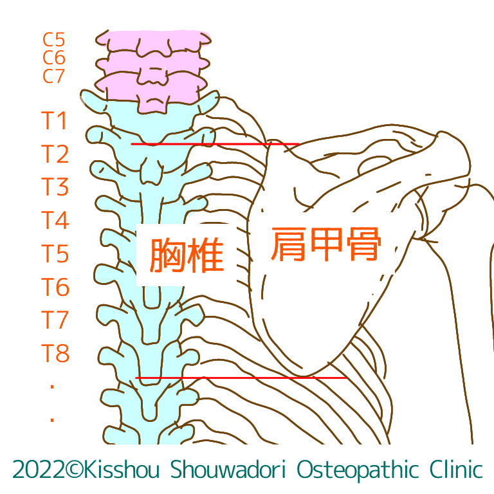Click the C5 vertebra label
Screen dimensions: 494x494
(x=54, y=40)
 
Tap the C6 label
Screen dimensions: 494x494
(x=54, y=58)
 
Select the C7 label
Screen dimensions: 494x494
(x=54, y=76)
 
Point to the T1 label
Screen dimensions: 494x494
(x=55, y=120)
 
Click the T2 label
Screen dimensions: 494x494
(x=55, y=154)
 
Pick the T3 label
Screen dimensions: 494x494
(x=55, y=187)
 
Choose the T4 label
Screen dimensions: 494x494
(x=55, y=221)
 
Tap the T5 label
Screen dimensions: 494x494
(x=55, y=254)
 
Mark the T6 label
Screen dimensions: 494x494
(x=55, y=287)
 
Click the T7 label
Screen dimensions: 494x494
(x=55, y=320)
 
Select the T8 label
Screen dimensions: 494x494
(x=55, y=353)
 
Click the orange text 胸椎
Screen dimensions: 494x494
(x=186, y=255)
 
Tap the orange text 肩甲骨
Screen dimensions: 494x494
(x=326, y=244)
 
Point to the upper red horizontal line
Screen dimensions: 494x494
(x=215, y=144)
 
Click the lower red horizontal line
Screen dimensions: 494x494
(x=242, y=378)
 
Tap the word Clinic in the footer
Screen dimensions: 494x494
(x=452, y=470)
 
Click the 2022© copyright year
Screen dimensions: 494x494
(x=44, y=470)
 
